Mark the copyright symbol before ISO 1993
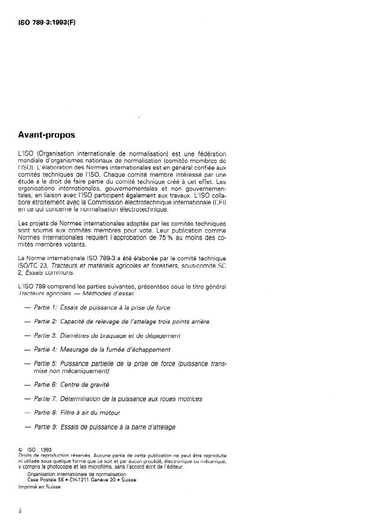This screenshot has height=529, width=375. click(21, 449)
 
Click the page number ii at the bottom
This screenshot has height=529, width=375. click(21, 510)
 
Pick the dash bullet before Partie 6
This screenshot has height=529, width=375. click(28, 384)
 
